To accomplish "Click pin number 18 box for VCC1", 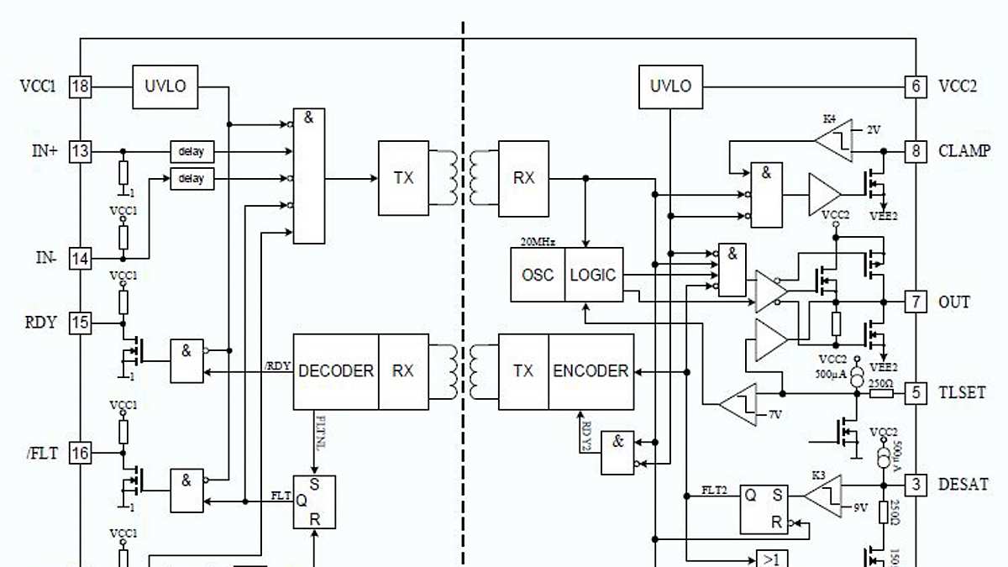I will tap(80, 86).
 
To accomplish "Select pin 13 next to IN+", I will tap(80, 152).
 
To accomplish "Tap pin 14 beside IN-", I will tap(80, 259).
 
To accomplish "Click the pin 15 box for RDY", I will tap(80, 323).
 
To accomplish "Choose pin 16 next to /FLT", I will tap(80, 454).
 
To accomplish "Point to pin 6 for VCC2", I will tap(916, 86).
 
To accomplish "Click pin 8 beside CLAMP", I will tap(916, 152).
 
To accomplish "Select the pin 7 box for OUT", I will tap(916, 302).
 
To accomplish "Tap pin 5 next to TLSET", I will tap(916, 392).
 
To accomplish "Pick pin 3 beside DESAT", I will tap(916, 485).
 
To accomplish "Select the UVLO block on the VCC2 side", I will tap(670, 86).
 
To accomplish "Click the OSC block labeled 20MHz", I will tap(538, 275).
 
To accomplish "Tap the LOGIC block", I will tap(594, 275).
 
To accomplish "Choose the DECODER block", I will tap(335, 371).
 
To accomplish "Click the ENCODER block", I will tap(591, 371).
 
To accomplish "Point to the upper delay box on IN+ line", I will tap(192, 152).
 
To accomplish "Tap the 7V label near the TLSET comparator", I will tap(776, 416).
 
